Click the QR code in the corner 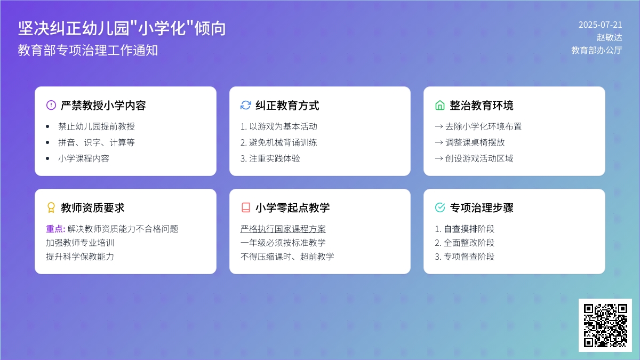click(x=605, y=325)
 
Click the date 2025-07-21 click(x=601, y=25)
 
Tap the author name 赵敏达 click(x=609, y=37)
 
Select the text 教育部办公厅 click(x=597, y=50)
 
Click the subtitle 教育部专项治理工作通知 click(x=88, y=50)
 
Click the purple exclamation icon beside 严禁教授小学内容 click(x=51, y=105)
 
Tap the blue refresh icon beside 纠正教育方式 click(x=246, y=105)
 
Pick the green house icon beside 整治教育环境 click(x=440, y=105)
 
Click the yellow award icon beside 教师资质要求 click(x=51, y=207)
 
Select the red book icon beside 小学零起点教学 click(x=246, y=207)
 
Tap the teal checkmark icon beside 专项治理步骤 click(x=440, y=207)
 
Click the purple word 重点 click(x=54, y=229)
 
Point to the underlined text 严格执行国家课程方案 click(x=283, y=229)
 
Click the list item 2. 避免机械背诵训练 click(x=278, y=142)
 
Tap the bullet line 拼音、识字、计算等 click(x=97, y=142)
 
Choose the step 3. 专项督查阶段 click(x=465, y=257)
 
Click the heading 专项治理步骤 click(x=482, y=207)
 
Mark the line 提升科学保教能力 click(x=80, y=257)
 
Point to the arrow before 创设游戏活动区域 click(x=439, y=158)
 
